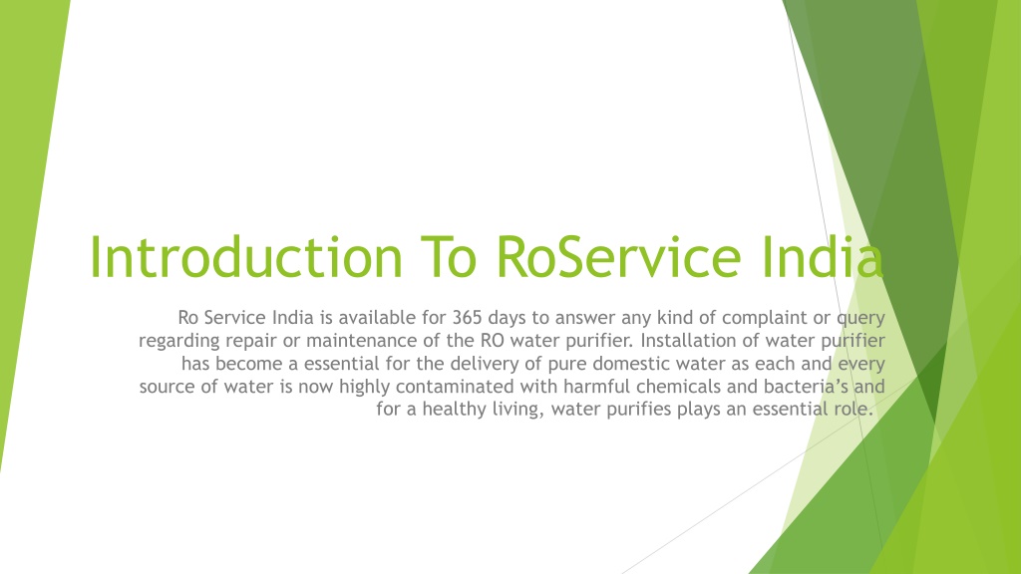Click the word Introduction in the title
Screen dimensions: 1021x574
246,257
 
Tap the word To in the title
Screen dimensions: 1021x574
450,257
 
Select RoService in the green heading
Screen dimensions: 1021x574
618,257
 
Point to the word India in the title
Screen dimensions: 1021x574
822,257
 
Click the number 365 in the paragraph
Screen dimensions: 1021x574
468,318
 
